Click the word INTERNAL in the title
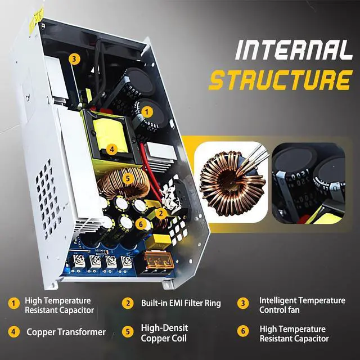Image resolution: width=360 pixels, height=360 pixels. click(x=293, y=51)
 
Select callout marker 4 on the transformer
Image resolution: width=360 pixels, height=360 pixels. click(x=112, y=149)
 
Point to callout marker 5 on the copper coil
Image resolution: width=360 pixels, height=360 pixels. click(x=128, y=178)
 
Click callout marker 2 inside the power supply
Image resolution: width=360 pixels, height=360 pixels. click(x=161, y=213)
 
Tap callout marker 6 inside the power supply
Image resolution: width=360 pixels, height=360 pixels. click(x=142, y=224)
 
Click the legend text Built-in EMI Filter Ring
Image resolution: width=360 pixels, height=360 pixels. click(x=181, y=303)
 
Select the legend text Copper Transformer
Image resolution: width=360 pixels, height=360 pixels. click(x=66, y=332)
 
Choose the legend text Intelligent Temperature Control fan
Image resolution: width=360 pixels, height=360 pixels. click(x=302, y=305)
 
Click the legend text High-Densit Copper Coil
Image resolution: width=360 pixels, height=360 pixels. click(x=164, y=332)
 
